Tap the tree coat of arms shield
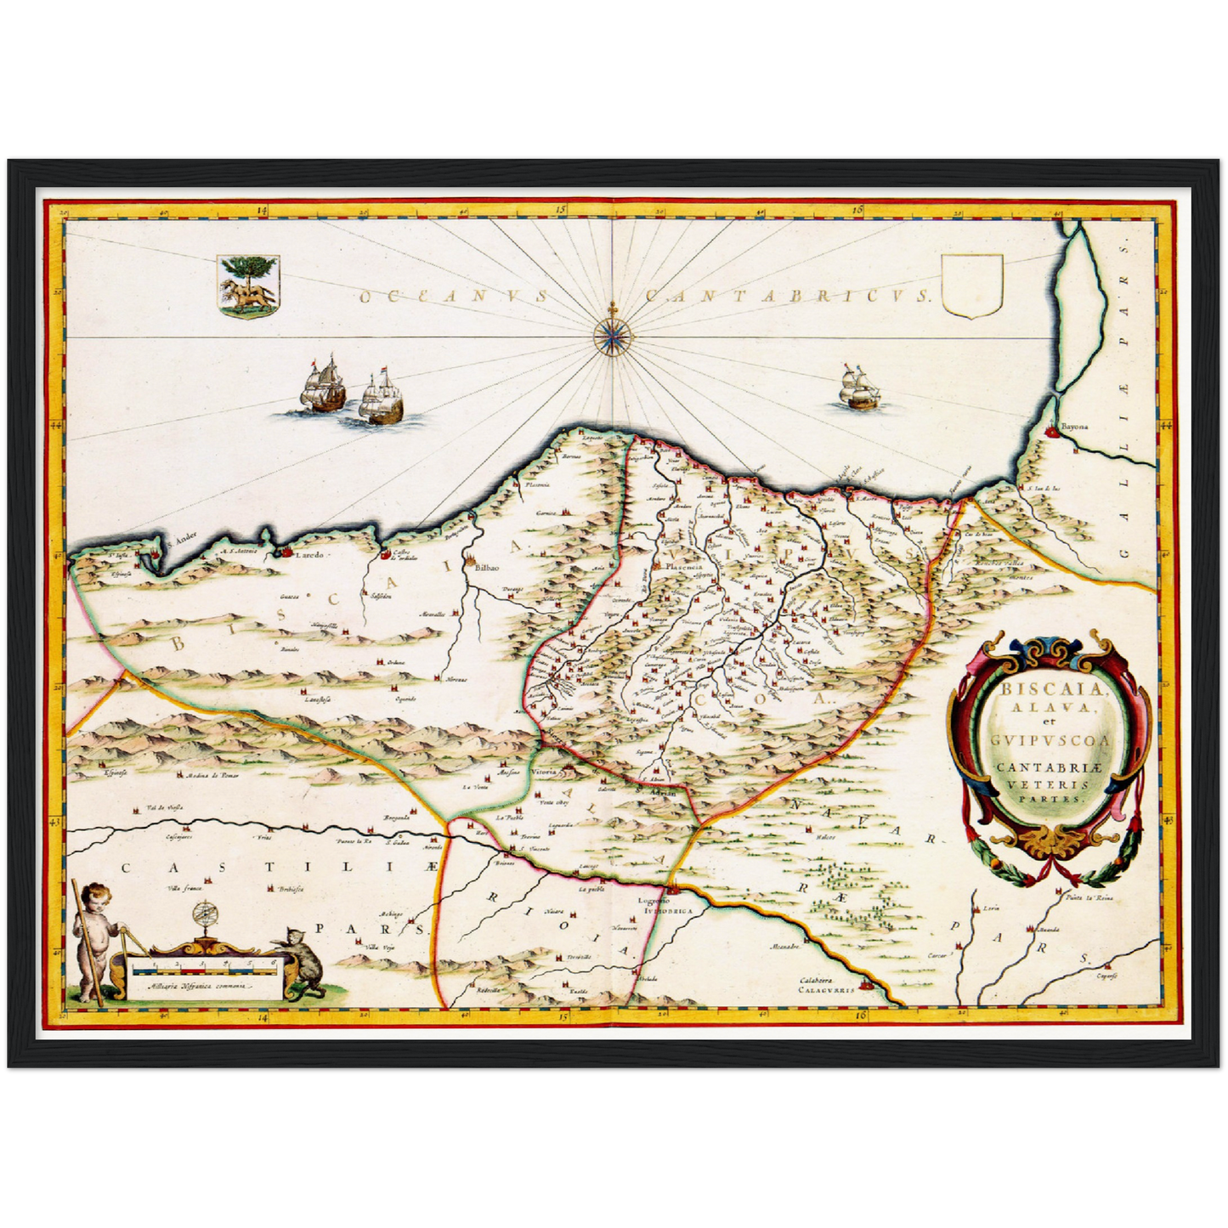tap(246, 286)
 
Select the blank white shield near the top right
tap(973, 287)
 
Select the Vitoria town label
tap(543, 772)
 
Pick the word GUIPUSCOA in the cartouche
tap(1050, 740)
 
